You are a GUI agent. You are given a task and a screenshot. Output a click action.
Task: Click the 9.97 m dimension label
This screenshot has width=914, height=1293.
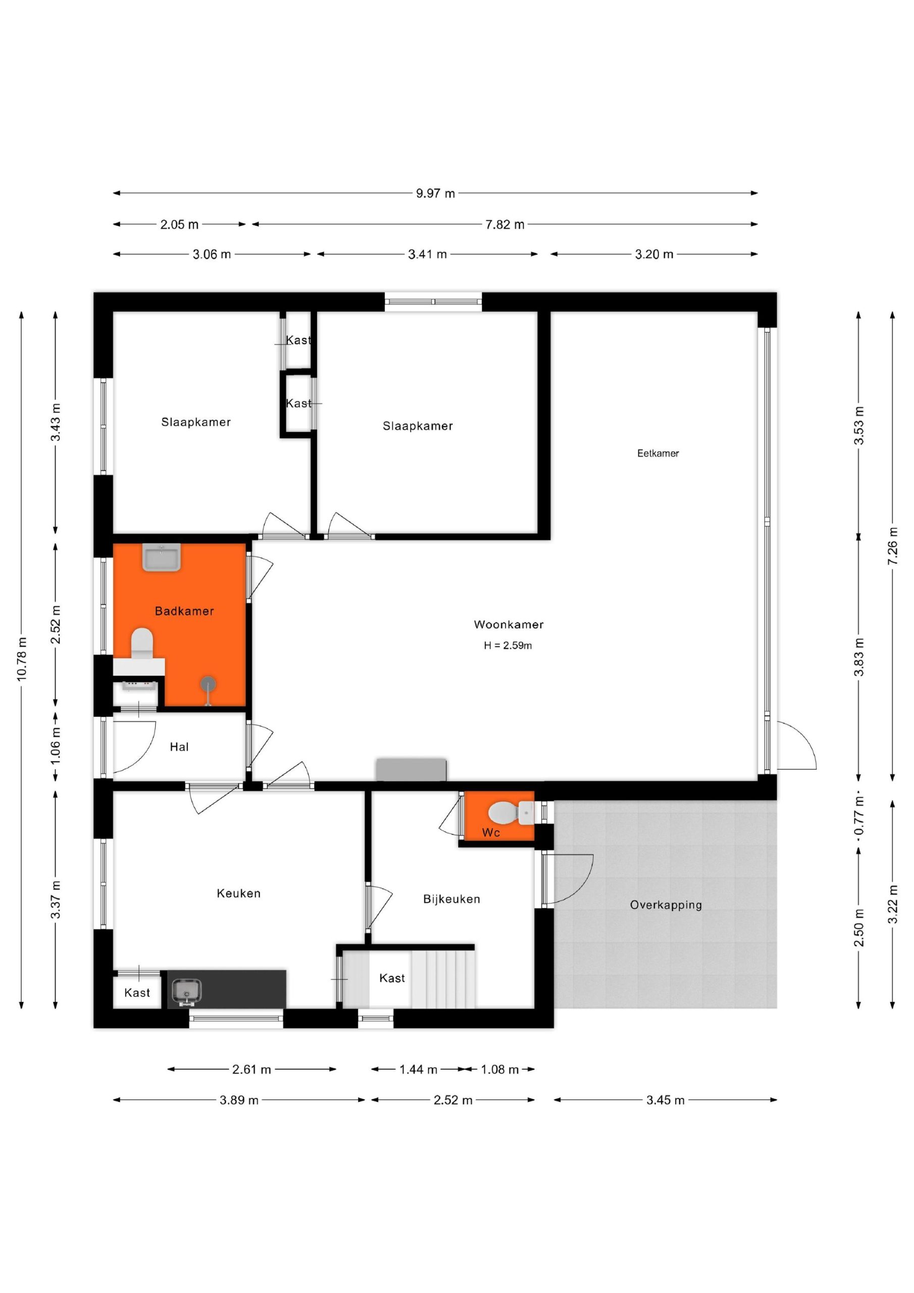coord(435,194)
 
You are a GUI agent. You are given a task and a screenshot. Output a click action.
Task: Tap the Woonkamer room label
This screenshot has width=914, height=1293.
coord(509,625)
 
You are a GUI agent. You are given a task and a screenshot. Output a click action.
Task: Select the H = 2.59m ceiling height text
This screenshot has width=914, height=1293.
coord(508,646)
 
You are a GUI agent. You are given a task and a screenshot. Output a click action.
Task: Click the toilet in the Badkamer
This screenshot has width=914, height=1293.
coord(142,642)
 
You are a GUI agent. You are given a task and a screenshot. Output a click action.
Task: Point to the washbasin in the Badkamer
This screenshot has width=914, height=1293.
coord(162,558)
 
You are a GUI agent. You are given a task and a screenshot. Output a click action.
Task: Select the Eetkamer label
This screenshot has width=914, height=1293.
coord(658,454)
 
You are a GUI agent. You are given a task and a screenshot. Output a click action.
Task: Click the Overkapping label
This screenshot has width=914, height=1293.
coord(666,906)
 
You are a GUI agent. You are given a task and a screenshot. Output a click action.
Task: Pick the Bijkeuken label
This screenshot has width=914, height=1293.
coord(451,900)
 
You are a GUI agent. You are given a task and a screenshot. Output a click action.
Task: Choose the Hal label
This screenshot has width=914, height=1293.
coord(179,748)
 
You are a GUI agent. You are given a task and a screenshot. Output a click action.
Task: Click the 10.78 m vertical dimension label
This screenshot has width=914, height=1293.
coord(22,660)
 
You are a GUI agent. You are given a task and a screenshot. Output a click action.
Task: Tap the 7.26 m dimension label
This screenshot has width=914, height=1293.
coord(893,547)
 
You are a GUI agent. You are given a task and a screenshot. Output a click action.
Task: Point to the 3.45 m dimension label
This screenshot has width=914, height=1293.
coord(666,1101)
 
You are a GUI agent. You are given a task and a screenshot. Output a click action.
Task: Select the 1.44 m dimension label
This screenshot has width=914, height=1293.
coord(419,1069)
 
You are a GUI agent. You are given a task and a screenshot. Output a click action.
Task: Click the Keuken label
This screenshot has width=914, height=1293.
coord(239,893)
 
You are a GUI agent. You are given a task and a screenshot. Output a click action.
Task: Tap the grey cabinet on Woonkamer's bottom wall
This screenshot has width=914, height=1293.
coord(412,770)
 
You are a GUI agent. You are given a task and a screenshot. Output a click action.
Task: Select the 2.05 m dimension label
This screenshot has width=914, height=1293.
coord(179,225)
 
